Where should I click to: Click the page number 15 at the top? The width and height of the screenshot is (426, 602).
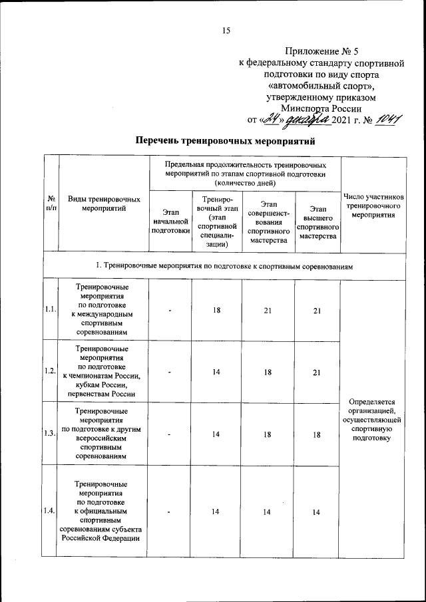tap(226, 29)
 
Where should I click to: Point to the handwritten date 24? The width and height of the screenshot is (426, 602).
tap(272, 119)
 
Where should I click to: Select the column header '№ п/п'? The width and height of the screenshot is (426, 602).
tap(51, 204)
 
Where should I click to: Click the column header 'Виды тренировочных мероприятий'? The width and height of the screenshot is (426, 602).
tap(103, 204)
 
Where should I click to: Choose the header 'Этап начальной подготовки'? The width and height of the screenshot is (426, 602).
tap(170, 220)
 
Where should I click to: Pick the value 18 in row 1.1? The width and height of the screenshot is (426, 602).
tap(216, 310)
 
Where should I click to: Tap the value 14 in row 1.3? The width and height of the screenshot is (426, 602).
tap(216, 434)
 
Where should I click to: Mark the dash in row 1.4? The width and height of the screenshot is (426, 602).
tap(170, 511)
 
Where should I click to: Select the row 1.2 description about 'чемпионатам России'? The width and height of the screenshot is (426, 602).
tap(103, 371)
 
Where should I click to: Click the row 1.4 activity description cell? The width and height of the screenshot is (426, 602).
tap(103, 511)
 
